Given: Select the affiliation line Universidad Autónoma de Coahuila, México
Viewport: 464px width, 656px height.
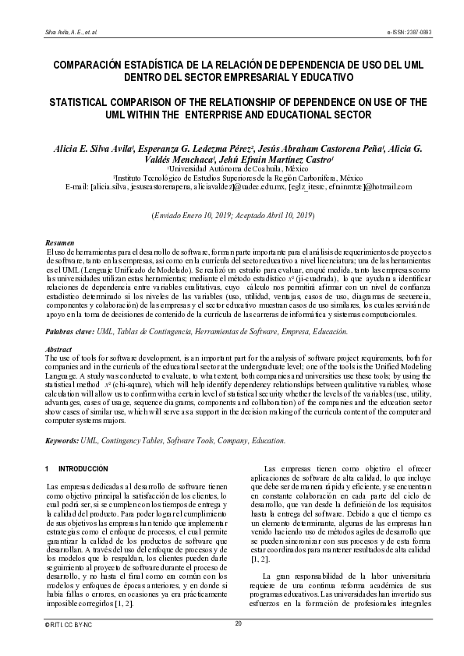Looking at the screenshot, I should click(233, 168).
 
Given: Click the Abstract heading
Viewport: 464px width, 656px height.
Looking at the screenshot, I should click(59, 350).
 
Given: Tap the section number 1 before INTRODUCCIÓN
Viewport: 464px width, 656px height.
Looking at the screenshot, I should click(48, 470).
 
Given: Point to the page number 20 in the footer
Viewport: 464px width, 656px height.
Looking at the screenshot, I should click(239, 623).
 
